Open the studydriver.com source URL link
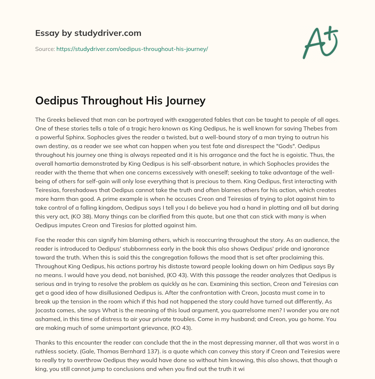click(x=132, y=49)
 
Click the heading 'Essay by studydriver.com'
click(x=88, y=33)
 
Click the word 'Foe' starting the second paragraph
click(x=41, y=240)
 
